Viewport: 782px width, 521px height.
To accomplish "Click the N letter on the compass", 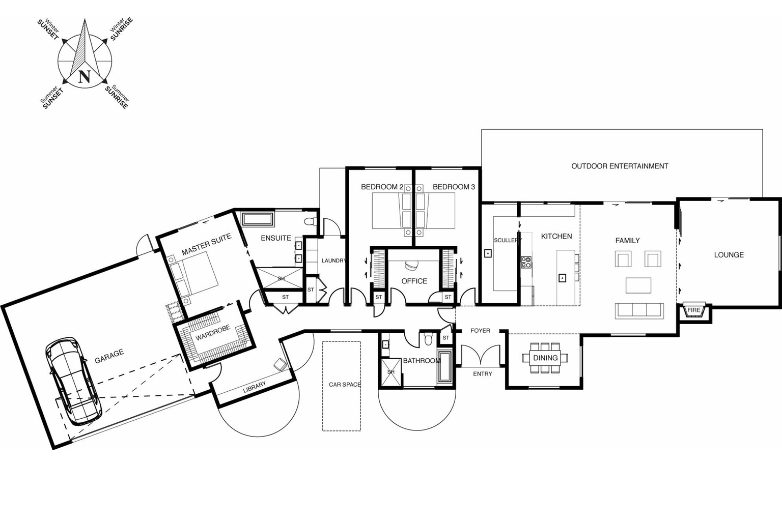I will [x=85, y=77].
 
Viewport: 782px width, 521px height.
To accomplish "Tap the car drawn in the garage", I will [x=73, y=381].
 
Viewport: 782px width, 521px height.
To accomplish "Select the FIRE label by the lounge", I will [x=693, y=310].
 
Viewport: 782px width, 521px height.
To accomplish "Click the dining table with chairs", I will [x=545, y=358].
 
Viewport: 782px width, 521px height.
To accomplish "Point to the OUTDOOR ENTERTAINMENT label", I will [x=620, y=166].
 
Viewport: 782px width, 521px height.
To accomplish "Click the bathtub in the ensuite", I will [x=258, y=220].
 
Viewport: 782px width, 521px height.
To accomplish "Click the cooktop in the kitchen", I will [x=526, y=263].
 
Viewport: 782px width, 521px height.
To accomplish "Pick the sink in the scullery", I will [x=488, y=253].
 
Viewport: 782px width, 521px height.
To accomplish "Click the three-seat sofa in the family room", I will [x=639, y=310].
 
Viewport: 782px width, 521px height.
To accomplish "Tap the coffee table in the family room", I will [x=638, y=285].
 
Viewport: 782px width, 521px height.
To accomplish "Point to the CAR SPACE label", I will [x=344, y=384].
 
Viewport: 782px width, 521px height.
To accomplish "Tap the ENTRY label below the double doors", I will [x=482, y=374].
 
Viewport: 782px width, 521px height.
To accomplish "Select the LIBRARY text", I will [x=254, y=387].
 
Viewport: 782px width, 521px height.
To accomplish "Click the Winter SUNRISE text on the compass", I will [x=121, y=30].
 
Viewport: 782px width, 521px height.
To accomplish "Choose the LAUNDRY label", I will [x=333, y=260].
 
